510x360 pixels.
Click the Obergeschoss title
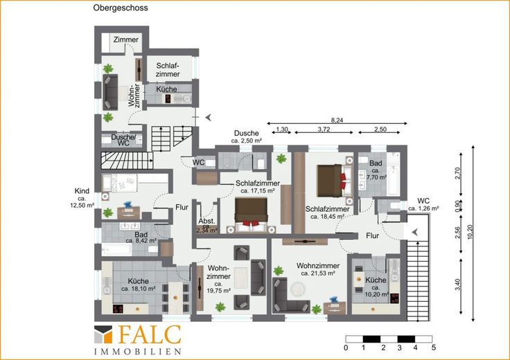tap(121, 8)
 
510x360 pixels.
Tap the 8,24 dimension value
tap(337, 120)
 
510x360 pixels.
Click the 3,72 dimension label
tap(324, 129)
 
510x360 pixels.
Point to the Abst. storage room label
tap(207, 221)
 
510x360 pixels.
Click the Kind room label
tap(82, 191)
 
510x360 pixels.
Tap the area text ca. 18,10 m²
tap(138, 289)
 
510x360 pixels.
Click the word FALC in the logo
tap(149, 334)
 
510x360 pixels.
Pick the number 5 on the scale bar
tap(434, 348)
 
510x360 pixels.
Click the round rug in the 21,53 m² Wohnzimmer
tap(297, 289)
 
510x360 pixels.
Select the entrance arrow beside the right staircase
tap(415, 233)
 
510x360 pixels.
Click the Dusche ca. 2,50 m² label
tap(247, 137)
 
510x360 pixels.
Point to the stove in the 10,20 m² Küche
tap(394, 298)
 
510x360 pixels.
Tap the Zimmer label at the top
tap(126, 39)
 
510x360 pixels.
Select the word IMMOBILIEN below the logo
tap(138, 352)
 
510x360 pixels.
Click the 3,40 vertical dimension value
tap(457, 285)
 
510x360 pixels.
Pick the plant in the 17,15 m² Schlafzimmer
tap(281, 159)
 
